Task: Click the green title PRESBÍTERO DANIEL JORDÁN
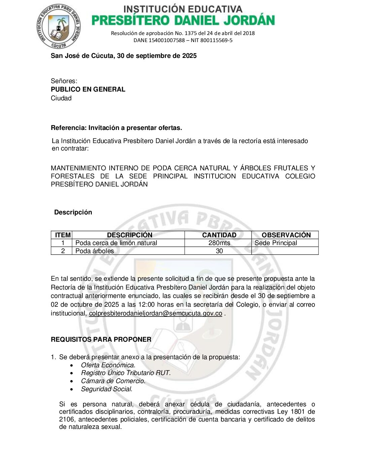(183, 21)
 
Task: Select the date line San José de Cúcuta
(123, 56)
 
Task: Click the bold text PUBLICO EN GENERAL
(88, 90)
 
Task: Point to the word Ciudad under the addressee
(61, 98)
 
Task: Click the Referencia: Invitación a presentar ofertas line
(116, 128)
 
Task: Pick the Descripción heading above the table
(73, 212)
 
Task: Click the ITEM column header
(63, 235)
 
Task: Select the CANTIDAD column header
(219, 235)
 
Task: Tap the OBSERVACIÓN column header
(286, 235)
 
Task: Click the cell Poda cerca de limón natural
(116, 243)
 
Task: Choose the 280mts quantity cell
(219, 243)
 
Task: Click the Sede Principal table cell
(276, 243)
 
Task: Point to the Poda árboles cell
(95, 251)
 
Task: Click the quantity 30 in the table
(219, 251)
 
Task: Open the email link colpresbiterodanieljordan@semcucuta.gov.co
(155, 313)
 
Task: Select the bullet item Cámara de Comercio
(113, 381)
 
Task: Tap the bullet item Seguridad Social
(107, 389)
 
